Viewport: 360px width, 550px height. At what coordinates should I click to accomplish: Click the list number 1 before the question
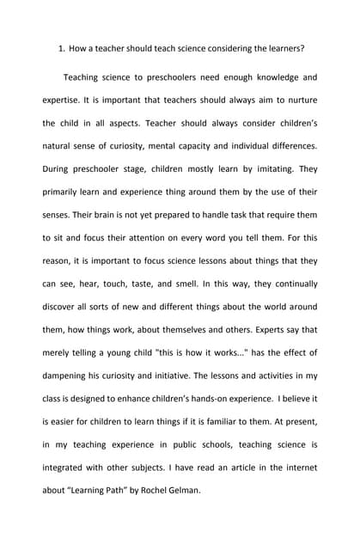61,48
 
